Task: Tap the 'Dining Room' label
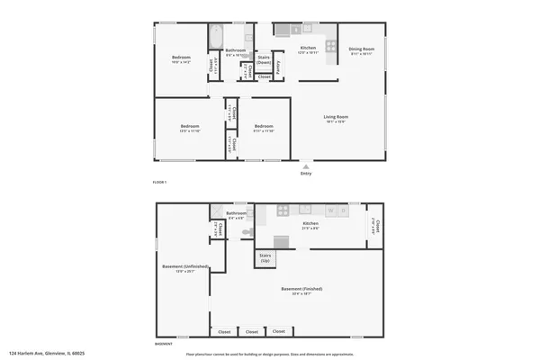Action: click(x=361, y=49)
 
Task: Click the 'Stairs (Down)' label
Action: click(x=264, y=59)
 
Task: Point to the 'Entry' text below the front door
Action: click(x=307, y=174)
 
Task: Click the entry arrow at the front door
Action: click(x=307, y=166)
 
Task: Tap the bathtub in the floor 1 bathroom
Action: click(x=216, y=37)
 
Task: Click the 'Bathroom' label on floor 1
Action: click(x=235, y=50)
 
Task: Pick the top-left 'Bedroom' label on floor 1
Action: click(x=181, y=58)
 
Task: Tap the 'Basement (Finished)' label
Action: click(x=301, y=289)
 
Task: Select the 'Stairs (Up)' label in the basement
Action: click(x=265, y=258)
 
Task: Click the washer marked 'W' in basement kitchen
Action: click(x=331, y=211)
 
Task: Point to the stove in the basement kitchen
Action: click(x=282, y=211)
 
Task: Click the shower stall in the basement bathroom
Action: click(x=217, y=211)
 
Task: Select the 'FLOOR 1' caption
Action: click(x=159, y=183)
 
